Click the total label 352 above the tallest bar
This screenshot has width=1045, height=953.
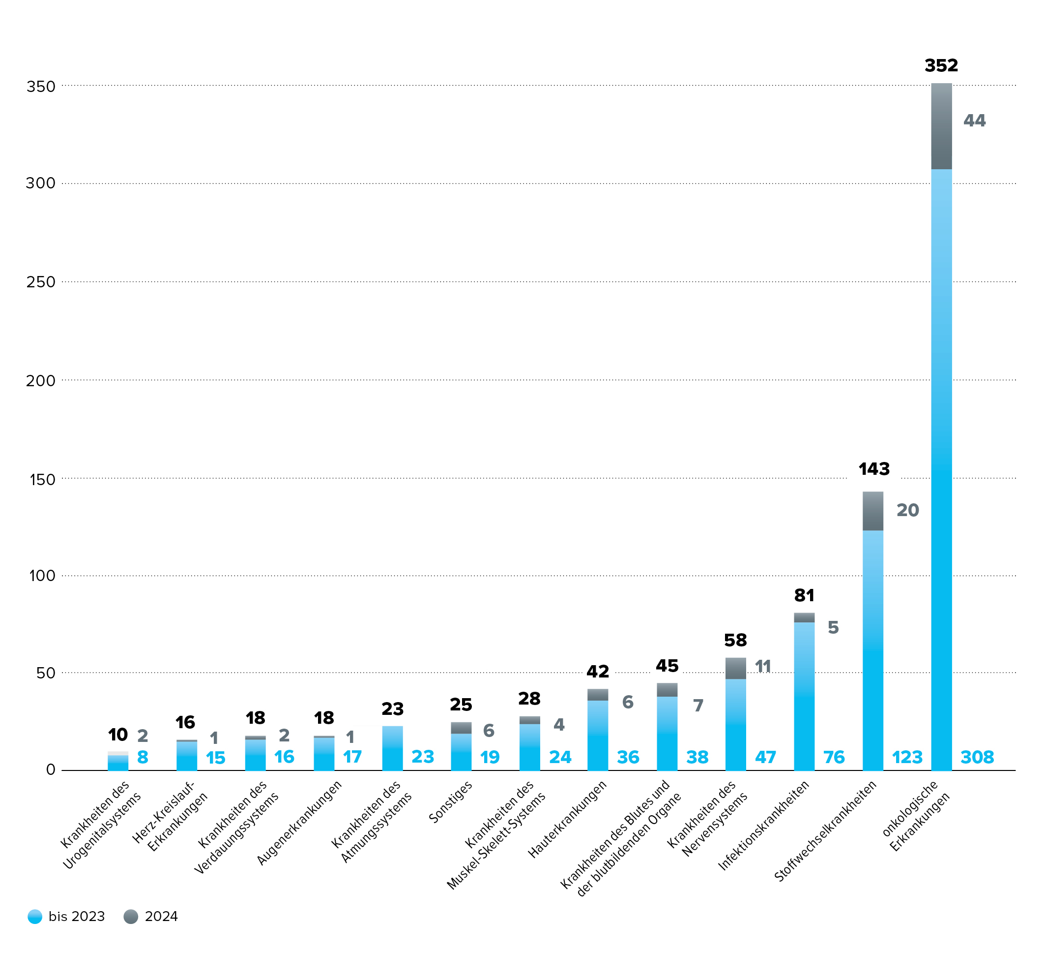click(x=941, y=66)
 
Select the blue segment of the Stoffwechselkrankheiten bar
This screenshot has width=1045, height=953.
click(x=872, y=649)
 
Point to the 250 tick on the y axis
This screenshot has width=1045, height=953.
click(x=40, y=282)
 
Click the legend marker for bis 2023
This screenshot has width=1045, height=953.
click(x=35, y=917)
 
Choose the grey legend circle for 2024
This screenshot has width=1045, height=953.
click(x=131, y=917)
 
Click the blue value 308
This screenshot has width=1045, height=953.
click(x=977, y=757)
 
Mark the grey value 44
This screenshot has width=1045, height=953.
click(x=974, y=121)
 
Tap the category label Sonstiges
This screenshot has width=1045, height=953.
click(x=451, y=801)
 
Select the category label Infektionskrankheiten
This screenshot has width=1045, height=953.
click(x=763, y=825)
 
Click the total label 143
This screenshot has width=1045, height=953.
click(x=874, y=469)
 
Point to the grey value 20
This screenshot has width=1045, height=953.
click(x=908, y=511)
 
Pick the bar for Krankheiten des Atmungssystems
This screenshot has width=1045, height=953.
click(x=392, y=748)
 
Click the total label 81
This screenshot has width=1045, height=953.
click(x=804, y=595)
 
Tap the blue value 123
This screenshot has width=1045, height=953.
click(x=907, y=757)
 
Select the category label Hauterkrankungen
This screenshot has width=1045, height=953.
click(x=567, y=819)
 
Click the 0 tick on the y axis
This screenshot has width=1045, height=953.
click(x=50, y=770)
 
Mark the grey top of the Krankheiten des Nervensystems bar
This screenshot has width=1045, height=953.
click(x=735, y=668)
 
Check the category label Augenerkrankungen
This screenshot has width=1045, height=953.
click(x=299, y=822)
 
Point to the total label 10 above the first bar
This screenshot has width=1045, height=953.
click(x=117, y=735)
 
